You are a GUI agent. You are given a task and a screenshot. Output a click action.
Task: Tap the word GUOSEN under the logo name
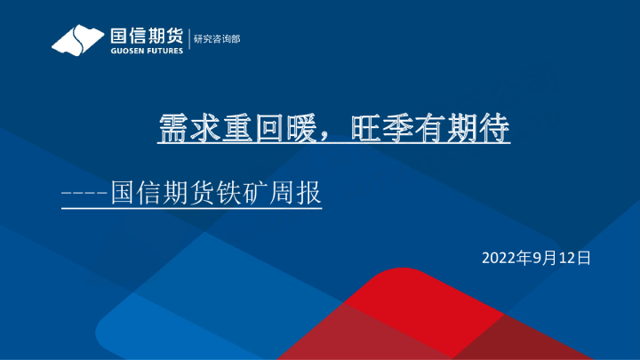[127, 51]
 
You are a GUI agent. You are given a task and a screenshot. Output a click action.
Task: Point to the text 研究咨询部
[217, 40]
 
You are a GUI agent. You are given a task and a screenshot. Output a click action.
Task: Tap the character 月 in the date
[548, 258]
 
